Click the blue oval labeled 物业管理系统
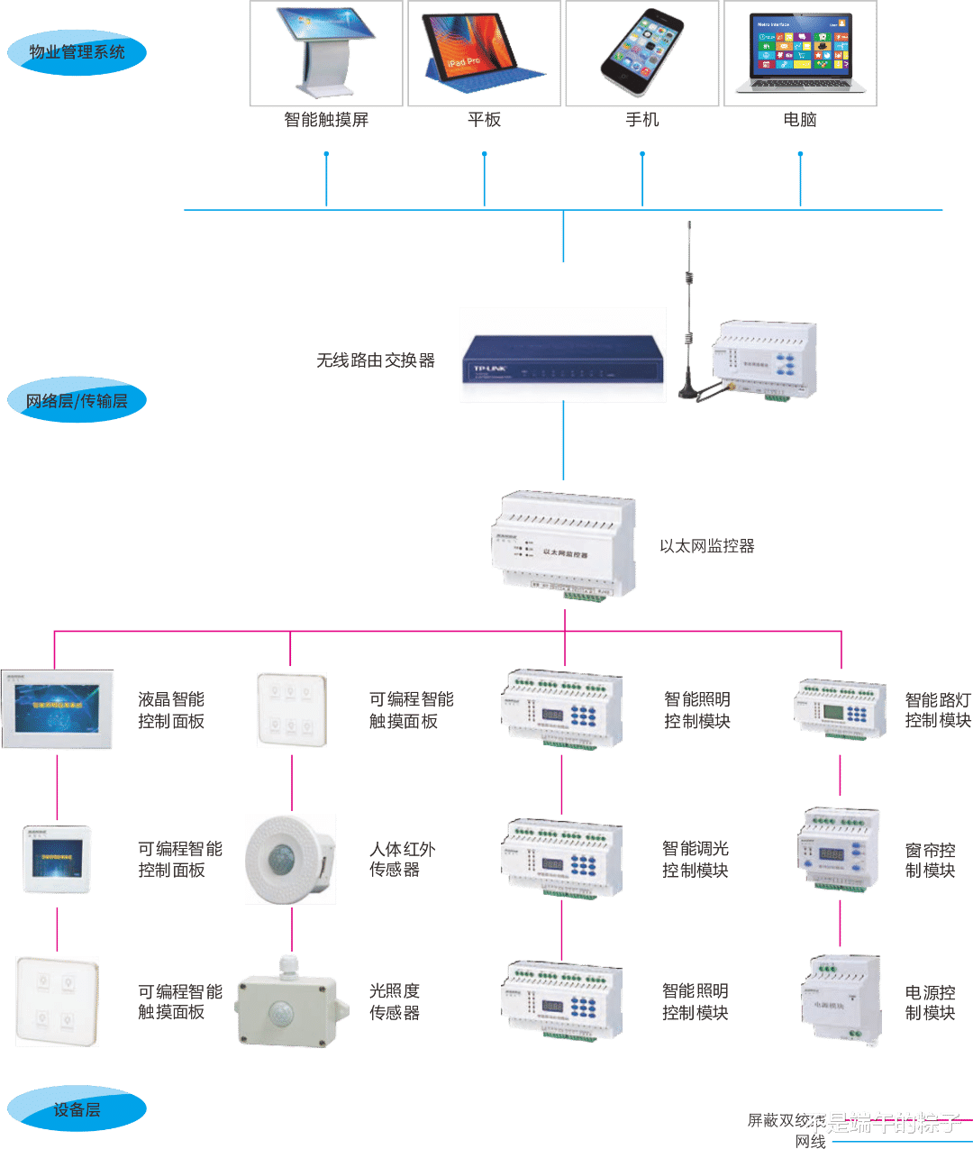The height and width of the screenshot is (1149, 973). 77,52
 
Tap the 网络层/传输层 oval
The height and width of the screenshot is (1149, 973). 77,401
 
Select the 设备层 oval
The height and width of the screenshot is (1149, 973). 77,1109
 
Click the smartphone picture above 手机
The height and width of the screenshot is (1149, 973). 641,52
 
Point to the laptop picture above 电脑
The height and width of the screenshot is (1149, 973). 800,54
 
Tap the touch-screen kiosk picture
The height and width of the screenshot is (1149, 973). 325,52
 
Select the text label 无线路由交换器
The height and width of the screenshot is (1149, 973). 375,360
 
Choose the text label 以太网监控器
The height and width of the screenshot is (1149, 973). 707,546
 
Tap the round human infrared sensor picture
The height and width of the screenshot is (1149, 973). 290,859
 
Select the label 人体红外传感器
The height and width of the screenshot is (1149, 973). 402,859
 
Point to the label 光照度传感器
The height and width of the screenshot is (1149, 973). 395,1001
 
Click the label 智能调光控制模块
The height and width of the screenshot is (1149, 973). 695,859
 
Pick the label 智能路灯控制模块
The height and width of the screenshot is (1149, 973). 938,710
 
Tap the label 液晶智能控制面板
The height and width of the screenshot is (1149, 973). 171,710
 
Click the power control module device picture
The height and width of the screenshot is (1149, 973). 840,1001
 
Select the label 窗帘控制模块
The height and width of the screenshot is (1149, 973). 930,860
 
